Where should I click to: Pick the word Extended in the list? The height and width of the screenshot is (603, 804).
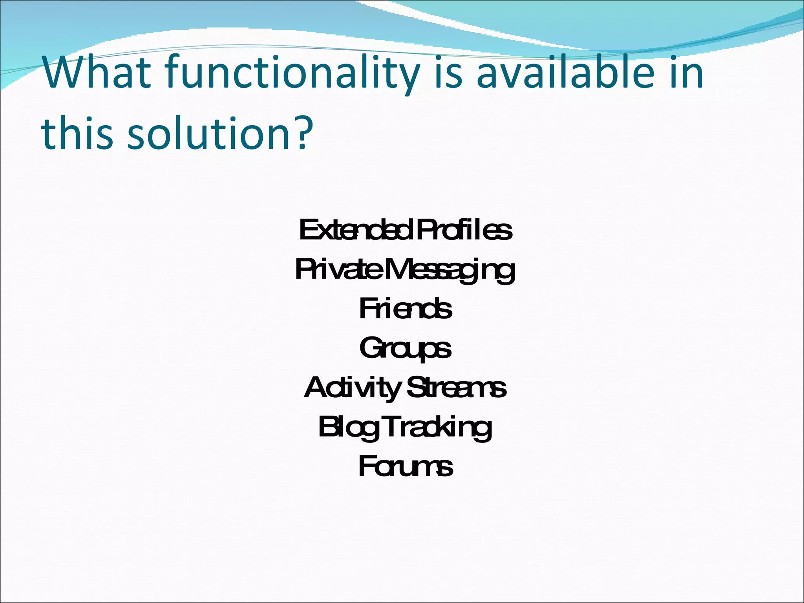[x=356, y=230]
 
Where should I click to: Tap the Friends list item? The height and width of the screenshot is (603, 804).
[x=405, y=309]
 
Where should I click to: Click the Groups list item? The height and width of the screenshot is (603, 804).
[x=405, y=349]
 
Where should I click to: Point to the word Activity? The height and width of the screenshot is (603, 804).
[x=352, y=388]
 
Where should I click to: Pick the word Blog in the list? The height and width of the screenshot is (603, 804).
[x=348, y=428]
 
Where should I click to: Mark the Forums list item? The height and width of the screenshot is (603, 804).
[x=406, y=467]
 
